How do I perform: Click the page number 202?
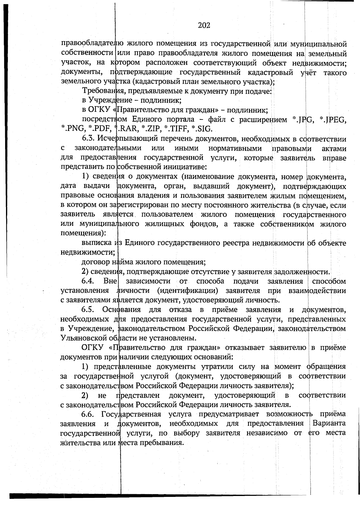pos(204,25)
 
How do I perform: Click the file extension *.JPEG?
pos(333,120)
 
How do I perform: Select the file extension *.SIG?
pos(202,129)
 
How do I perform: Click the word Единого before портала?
pos(145,120)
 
